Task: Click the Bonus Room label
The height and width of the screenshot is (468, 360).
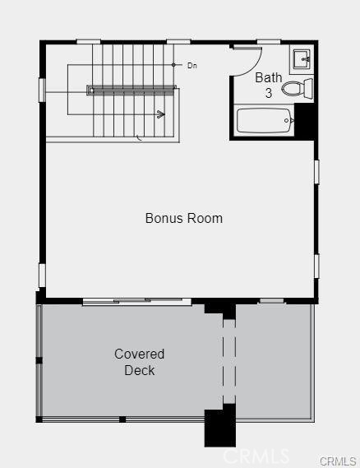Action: click(184, 218)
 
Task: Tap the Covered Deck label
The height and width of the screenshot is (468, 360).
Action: click(139, 362)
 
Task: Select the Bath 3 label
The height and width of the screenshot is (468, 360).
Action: click(269, 86)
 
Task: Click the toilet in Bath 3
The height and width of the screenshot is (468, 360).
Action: click(297, 88)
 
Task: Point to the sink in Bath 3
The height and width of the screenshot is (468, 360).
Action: click(302, 59)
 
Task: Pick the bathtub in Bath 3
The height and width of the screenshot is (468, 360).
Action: click(265, 121)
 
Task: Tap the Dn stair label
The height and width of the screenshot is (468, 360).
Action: click(192, 65)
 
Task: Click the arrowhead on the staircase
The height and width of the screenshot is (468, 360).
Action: click(161, 114)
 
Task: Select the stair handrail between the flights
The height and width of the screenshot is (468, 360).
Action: click(131, 90)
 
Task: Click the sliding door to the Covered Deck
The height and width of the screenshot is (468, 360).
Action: click(137, 301)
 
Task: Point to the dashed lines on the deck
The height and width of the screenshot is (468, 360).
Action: click(229, 361)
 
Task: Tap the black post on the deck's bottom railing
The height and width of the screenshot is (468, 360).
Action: click(122, 419)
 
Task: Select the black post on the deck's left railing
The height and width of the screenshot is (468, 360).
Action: click(39, 360)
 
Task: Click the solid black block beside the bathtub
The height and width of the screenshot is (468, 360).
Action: click(305, 120)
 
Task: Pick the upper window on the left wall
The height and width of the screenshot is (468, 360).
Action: click(42, 90)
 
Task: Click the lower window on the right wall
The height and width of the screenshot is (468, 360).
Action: click(316, 266)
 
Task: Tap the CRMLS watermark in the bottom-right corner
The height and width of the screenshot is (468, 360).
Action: click(339, 461)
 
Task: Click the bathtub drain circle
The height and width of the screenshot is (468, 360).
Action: click(287, 121)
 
